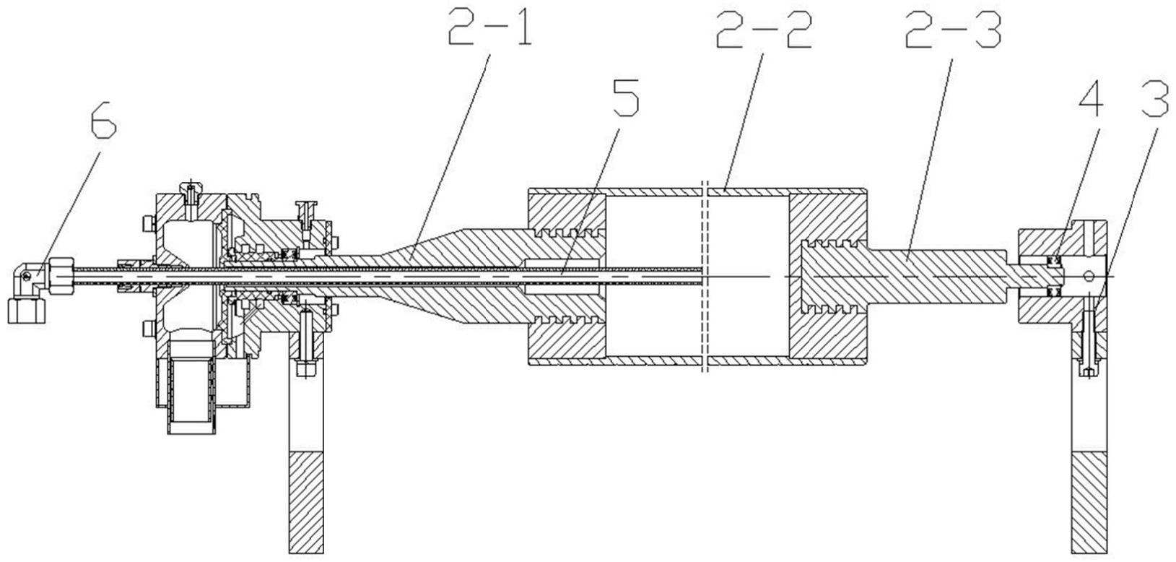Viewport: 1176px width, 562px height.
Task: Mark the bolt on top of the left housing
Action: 191,191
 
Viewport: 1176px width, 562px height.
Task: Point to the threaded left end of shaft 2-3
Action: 835,275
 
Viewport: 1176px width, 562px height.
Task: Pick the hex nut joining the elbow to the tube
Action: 62,272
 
